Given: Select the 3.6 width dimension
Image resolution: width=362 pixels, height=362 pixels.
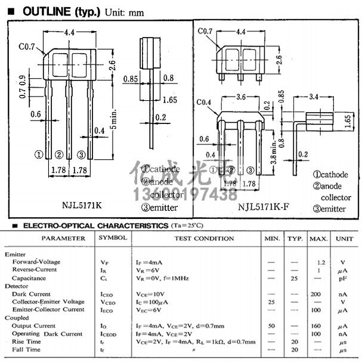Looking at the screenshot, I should click(241, 96).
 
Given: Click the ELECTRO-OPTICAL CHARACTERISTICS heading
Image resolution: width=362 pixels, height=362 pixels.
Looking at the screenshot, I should click(91, 226).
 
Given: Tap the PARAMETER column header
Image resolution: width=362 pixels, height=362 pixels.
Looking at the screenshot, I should click(64, 239).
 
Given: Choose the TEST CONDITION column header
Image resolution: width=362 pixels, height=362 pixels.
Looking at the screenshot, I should click(204, 239).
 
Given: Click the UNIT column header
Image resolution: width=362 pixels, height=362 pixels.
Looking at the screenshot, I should click(344, 239).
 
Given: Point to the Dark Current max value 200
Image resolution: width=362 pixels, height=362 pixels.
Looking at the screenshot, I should click(316, 294).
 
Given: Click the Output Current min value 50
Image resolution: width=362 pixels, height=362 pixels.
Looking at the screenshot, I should click(272, 326).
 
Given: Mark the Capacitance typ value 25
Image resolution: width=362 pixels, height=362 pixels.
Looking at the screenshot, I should click(294, 278).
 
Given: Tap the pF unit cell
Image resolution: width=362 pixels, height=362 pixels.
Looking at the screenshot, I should click(344, 278).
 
